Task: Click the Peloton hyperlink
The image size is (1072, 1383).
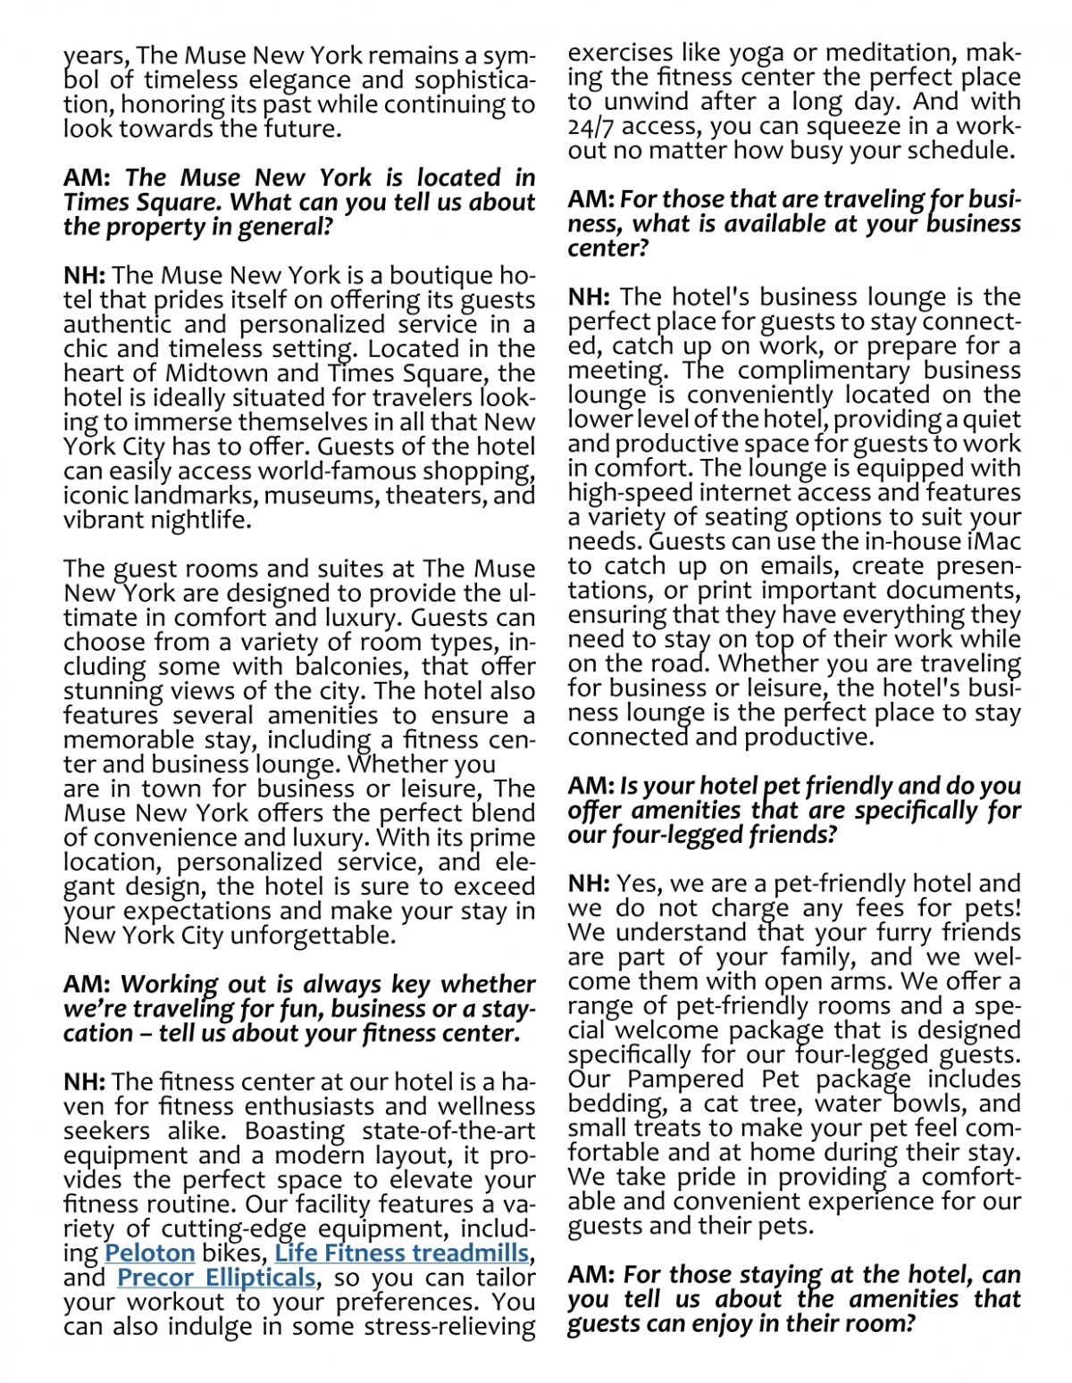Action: pos(149,1253)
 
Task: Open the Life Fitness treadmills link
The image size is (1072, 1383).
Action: pos(401,1253)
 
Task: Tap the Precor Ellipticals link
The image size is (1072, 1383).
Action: pos(215,1278)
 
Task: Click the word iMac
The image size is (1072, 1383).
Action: pos(993,541)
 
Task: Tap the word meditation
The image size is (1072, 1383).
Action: pos(875,53)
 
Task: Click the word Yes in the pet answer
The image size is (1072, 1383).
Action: pos(637,883)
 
